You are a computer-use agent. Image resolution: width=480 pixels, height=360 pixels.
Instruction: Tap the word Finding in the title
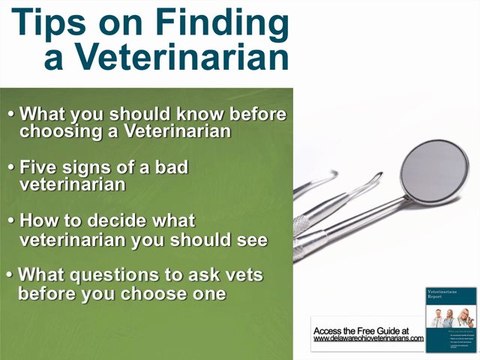(207, 21)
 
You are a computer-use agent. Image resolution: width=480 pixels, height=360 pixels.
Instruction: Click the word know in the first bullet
(203, 113)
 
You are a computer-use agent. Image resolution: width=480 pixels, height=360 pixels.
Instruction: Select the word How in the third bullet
(43, 221)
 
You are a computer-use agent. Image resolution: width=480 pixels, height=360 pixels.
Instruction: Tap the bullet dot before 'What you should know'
(11, 113)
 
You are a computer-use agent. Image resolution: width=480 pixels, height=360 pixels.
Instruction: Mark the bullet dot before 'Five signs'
(11, 167)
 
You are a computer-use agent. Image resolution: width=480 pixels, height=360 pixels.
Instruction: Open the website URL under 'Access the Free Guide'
(368, 339)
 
